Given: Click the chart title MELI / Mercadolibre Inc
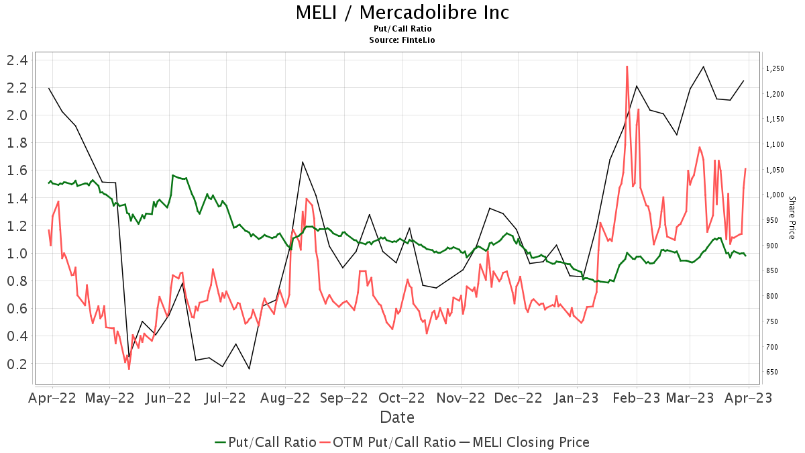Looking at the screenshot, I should pyautogui.click(x=402, y=12).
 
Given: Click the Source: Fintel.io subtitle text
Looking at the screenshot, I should pyautogui.click(x=402, y=40).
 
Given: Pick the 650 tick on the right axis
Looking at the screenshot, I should pyautogui.click(x=773, y=372).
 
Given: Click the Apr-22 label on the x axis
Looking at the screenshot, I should pyautogui.click(x=52, y=397).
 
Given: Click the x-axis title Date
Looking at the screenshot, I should pyautogui.click(x=397, y=417).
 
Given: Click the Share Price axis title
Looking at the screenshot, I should pyautogui.click(x=792, y=217).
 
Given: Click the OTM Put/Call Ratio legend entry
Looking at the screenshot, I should pyautogui.click(x=387, y=442).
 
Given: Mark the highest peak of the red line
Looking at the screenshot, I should pyautogui.click(x=627, y=66).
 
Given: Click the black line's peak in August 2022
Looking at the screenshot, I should pyautogui.click(x=303, y=162).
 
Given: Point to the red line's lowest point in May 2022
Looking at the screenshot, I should pyautogui.click(x=129, y=368).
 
